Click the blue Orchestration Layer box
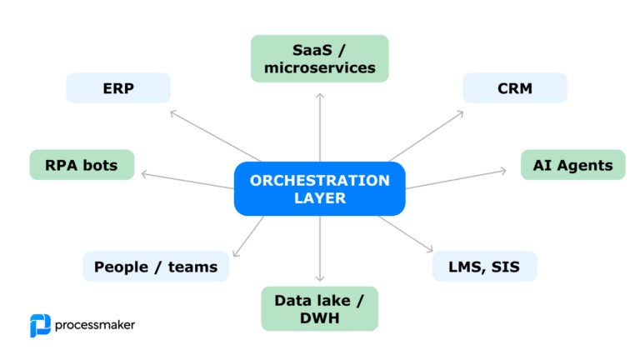pos(320,189)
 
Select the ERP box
pos(118,88)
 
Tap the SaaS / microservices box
pos(320,58)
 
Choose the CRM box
pos(515,88)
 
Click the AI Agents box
pos(572,165)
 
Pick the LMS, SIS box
pos(485,267)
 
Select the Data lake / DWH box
pos(320,308)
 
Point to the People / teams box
pos(156,267)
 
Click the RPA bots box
pos(82,165)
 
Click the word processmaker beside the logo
pos(95,325)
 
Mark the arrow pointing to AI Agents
pos(457,178)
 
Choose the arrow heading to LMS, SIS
pos(406,233)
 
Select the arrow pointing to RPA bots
pos(187,180)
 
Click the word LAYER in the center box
pos(320,199)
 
